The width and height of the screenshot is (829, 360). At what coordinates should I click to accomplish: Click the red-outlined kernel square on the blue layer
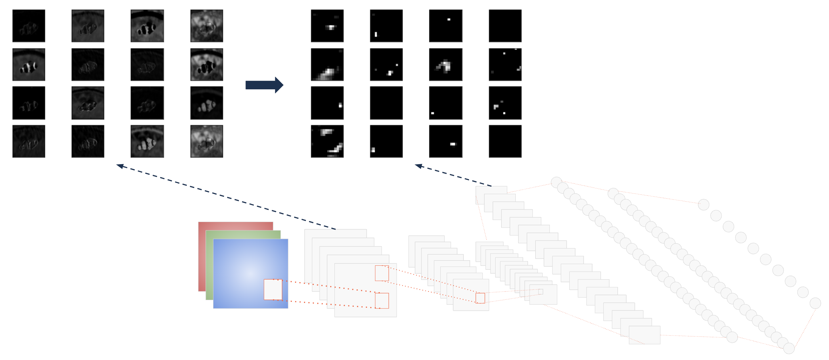tap(273, 290)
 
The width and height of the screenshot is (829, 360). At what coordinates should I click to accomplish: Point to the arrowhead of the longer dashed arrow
tap(119, 166)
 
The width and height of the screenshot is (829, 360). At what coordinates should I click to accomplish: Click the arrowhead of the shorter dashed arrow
tap(418, 166)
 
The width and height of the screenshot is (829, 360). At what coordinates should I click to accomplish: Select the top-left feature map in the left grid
tap(29, 26)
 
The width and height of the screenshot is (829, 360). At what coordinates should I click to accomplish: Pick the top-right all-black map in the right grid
tap(505, 26)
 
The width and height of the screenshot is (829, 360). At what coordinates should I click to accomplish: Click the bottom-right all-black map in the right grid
tap(505, 141)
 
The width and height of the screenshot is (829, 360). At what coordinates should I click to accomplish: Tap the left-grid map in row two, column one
tap(29, 65)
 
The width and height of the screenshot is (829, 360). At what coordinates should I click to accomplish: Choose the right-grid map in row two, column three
tap(446, 65)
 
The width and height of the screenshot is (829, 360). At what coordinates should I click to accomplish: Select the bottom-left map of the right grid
tap(327, 141)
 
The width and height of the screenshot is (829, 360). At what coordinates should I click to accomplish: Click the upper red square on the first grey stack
tap(382, 273)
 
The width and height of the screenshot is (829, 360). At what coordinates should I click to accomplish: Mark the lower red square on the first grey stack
tap(382, 300)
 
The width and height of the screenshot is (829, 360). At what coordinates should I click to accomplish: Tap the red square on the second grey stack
tap(480, 298)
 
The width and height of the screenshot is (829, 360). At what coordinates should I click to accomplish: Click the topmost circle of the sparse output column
tap(704, 205)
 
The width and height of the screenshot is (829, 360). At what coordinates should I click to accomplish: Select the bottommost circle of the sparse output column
tap(815, 303)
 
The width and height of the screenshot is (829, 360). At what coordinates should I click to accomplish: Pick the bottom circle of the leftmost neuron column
tap(732, 337)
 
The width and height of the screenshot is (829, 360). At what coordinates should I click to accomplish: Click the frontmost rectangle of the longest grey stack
tap(644, 335)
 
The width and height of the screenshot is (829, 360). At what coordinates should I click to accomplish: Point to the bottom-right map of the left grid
tap(206, 141)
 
